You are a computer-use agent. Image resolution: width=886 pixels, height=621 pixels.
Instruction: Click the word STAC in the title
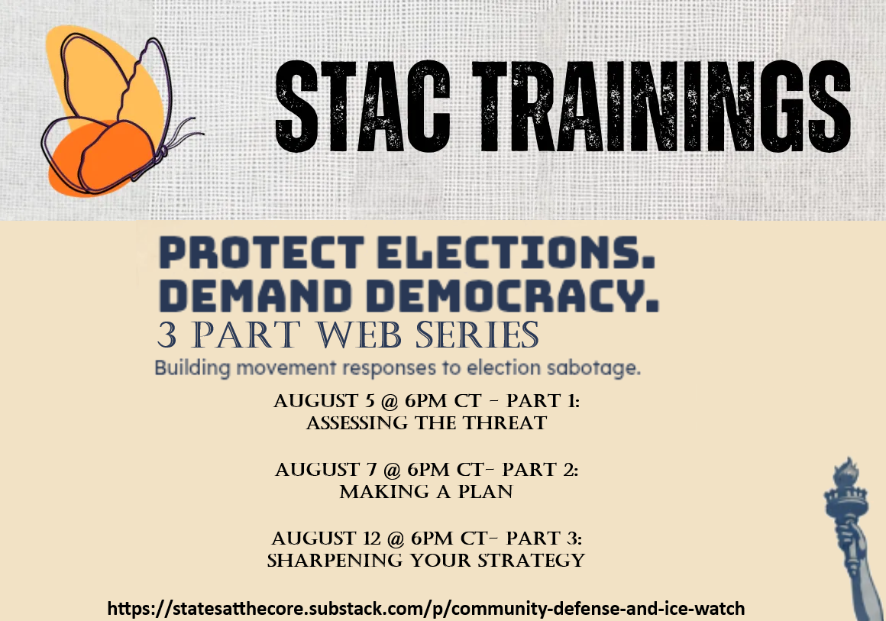click(363, 105)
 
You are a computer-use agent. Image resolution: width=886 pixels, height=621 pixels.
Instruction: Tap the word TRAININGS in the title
click(661, 105)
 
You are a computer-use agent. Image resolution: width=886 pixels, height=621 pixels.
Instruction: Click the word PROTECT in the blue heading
click(262, 252)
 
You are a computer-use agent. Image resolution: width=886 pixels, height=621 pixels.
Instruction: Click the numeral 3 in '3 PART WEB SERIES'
click(167, 335)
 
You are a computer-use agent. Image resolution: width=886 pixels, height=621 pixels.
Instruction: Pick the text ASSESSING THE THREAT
click(427, 422)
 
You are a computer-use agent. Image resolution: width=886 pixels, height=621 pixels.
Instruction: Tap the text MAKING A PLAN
click(426, 492)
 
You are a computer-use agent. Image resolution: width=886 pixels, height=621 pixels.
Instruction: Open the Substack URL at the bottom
click(426, 609)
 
